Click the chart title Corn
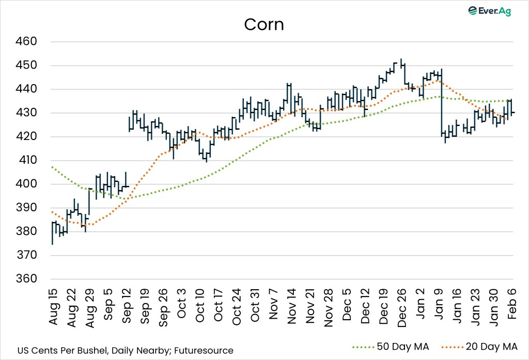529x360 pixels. [x=264, y=25]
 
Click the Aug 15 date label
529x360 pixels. [x=53, y=308]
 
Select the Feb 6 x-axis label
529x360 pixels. [x=513, y=305]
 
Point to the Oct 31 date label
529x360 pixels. [x=255, y=308]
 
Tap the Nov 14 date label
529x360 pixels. [x=292, y=308]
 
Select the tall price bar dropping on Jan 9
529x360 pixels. [x=442, y=103]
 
